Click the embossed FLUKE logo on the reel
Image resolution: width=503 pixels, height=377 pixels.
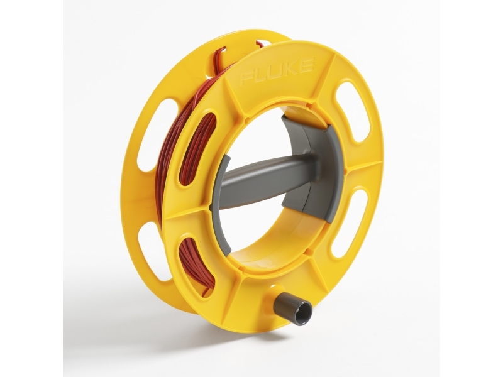pyautogui.click(x=277, y=71)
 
